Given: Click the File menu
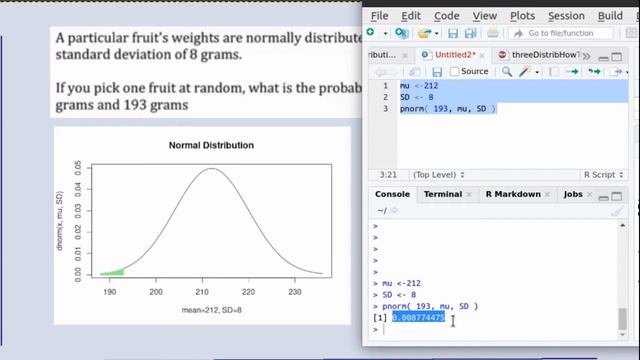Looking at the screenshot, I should pos(379,16).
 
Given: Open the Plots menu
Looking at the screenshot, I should pos(522,16).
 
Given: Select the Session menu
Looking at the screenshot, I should pos(566,16).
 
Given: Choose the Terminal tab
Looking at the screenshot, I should pos(442,194).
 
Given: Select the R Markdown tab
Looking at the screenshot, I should pos(513,194).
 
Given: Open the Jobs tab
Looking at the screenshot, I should pos(573,194).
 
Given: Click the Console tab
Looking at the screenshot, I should pos(393,194).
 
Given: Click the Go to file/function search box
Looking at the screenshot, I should pos(570,34).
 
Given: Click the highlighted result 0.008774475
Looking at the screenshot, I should pos(418,318).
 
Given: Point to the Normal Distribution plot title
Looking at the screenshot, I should pos(211,145).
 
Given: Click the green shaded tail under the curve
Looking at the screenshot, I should pos(114,271).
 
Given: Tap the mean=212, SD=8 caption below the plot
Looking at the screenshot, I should pos(211,311).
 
